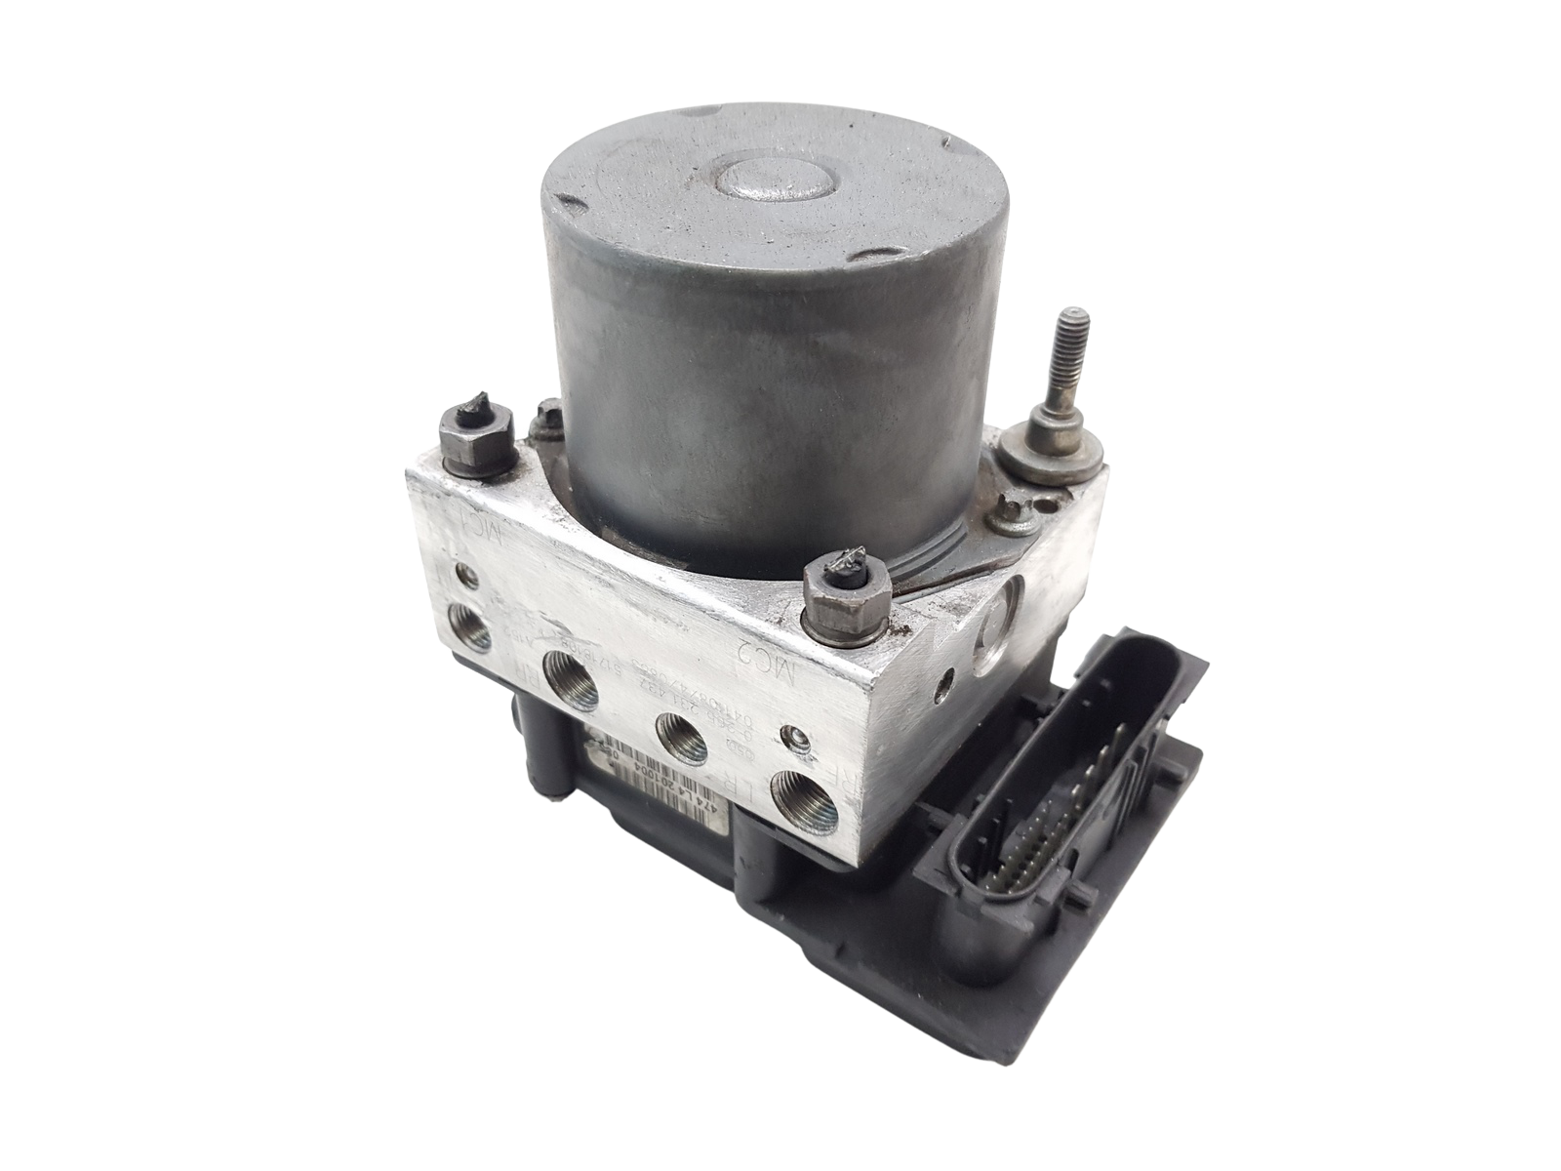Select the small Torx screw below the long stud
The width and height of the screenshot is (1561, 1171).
click(1010, 507)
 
